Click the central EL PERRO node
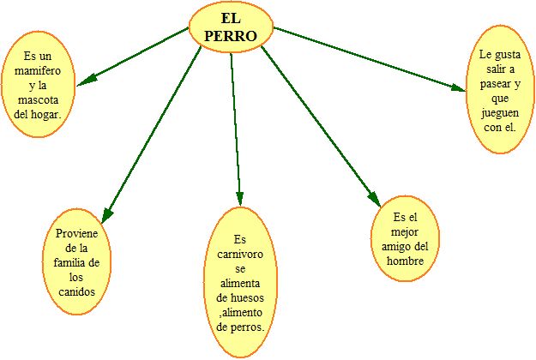click(231, 27)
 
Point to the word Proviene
click(76, 233)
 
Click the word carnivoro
click(240, 255)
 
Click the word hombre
click(405, 261)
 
